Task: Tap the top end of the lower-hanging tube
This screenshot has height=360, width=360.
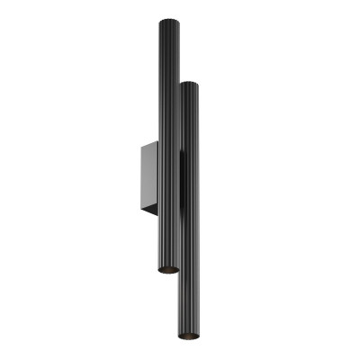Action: [189, 84]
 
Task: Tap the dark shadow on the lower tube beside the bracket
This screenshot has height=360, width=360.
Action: [182, 180]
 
